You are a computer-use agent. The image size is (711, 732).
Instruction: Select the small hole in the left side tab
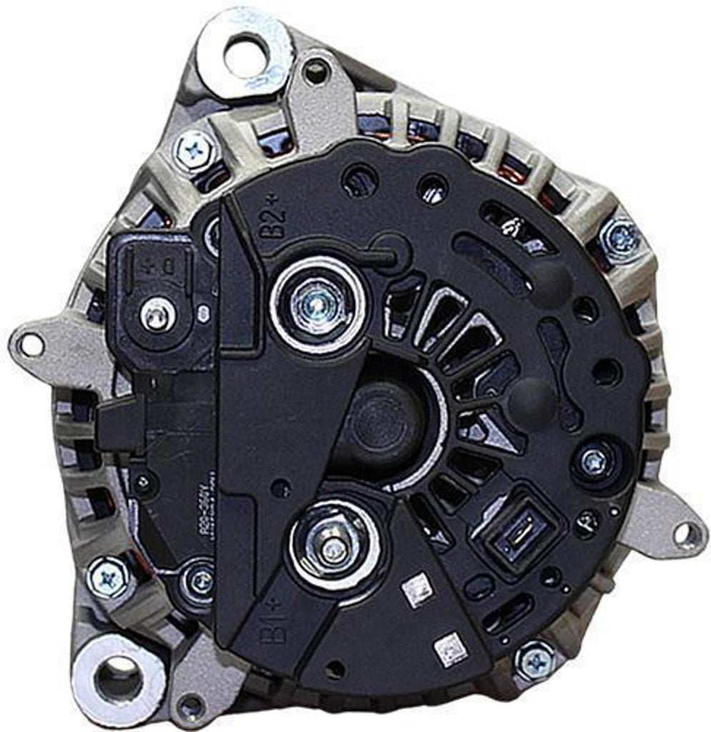click(x=30, y=345)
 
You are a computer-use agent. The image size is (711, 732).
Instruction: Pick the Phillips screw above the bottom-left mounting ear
click(x=109, y=577)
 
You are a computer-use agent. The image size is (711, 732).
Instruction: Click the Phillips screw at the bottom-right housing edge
click(x=535, y=660)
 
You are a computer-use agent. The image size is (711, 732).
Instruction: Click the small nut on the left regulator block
click(x=156, y=312)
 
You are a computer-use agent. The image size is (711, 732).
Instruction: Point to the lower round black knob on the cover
click(x=531, y=395)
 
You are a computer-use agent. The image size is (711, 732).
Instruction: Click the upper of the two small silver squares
click(x=413, y=590)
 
